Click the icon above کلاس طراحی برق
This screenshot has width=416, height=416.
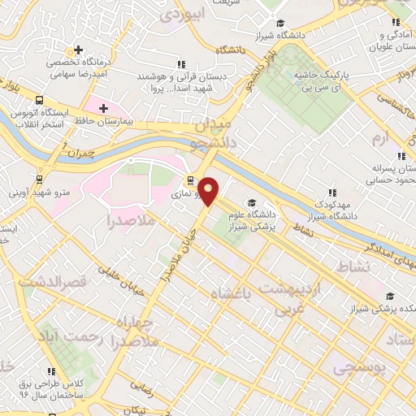coord(53,371)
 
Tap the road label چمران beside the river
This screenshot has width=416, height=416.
coord(81,151)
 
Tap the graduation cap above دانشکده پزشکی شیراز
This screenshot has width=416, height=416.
coord(390,296)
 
